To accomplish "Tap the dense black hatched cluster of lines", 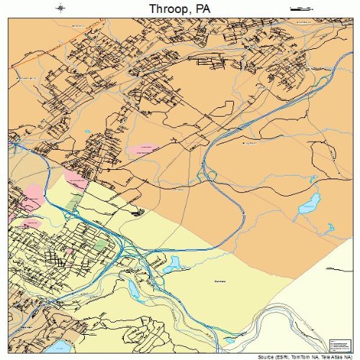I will click(x=138, y=211).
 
